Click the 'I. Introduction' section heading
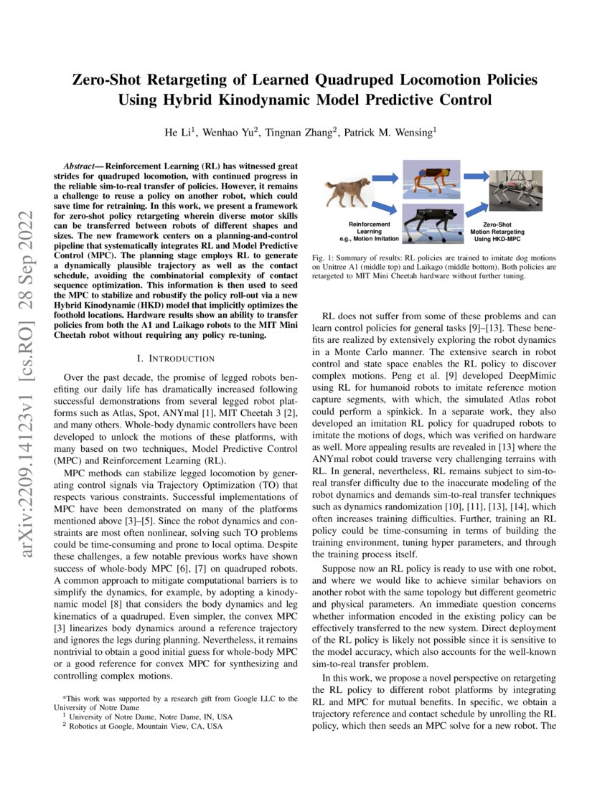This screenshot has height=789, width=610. tap(176, 358)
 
